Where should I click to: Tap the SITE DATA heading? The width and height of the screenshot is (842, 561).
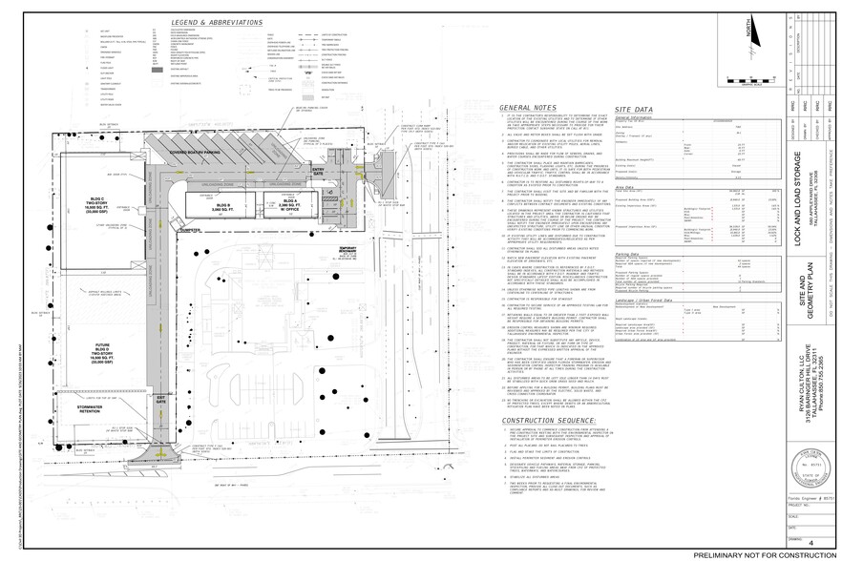[634, 109]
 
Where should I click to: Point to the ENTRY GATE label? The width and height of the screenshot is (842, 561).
[318, 171]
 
